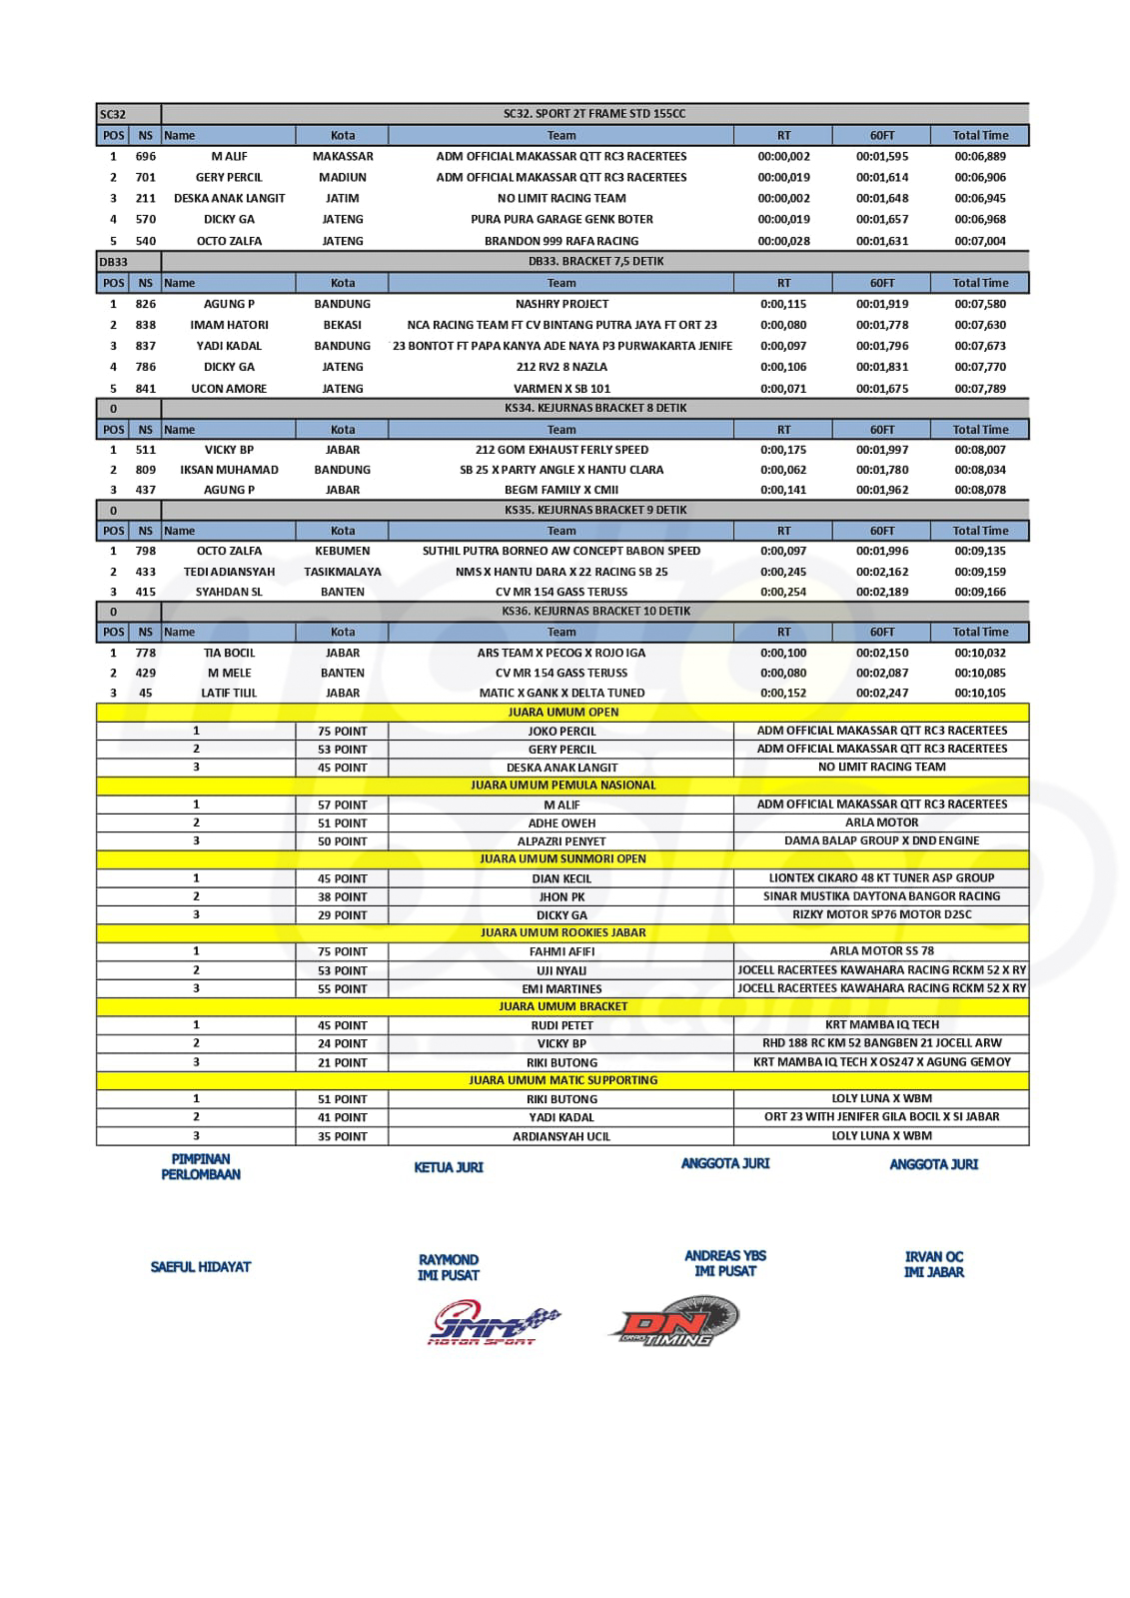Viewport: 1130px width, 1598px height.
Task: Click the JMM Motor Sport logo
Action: point(495,1324)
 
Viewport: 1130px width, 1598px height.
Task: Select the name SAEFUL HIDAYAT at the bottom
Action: point(201,1267)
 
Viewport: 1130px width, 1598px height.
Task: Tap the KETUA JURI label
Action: point(449,1167)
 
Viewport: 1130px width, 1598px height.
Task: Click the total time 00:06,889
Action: point(979,157)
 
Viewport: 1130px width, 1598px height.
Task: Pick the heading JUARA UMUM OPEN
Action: point(563,713)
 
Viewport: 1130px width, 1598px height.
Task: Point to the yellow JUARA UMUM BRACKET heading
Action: point(563,1006)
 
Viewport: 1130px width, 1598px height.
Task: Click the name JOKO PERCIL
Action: point(562,732)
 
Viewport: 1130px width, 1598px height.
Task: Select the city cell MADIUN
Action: point(343,178)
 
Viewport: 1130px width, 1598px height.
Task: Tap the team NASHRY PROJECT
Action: point(562,304)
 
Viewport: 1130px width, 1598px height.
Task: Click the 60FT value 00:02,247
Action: point(881,693)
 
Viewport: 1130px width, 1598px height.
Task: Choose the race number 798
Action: point(146,551)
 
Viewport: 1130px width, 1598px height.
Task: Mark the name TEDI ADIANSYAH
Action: point(229,572)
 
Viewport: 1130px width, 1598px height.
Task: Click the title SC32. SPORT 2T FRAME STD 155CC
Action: point(594,114)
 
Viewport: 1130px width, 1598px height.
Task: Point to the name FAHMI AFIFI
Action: point(562,951)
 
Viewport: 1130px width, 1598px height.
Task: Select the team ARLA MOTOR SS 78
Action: point(881,951)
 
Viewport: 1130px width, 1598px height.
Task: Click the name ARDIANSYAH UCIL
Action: point(562,1136)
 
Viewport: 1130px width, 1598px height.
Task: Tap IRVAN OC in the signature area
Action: point(934,1257)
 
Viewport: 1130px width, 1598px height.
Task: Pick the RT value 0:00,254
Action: point(783,592)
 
